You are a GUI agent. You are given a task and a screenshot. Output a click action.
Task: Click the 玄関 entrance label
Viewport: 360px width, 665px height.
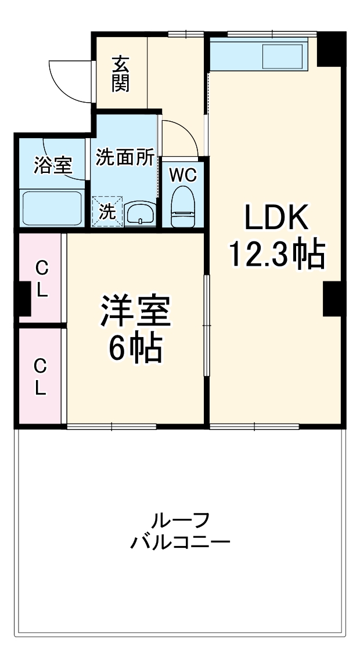pyautogui.click(x=121, y=74)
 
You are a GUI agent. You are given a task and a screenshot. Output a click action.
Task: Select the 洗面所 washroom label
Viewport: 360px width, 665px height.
pyautogui.click(x=125, y=157)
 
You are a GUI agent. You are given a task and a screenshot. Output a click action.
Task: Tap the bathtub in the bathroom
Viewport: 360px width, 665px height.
pyautogui.click(x=52, y=208)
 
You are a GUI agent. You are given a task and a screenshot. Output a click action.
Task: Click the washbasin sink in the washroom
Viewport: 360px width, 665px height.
pyautogui.click(x=140, y=213)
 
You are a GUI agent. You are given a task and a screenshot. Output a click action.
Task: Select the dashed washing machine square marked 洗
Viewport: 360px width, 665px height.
pyautogui.click(x=107, y=211)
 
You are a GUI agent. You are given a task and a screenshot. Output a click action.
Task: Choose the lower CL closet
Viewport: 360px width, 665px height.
pyautogui.click(x=39, y=377)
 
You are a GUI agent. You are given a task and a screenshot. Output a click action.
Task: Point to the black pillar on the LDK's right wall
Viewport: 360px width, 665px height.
pyautogui.click(x=333, y=299)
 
